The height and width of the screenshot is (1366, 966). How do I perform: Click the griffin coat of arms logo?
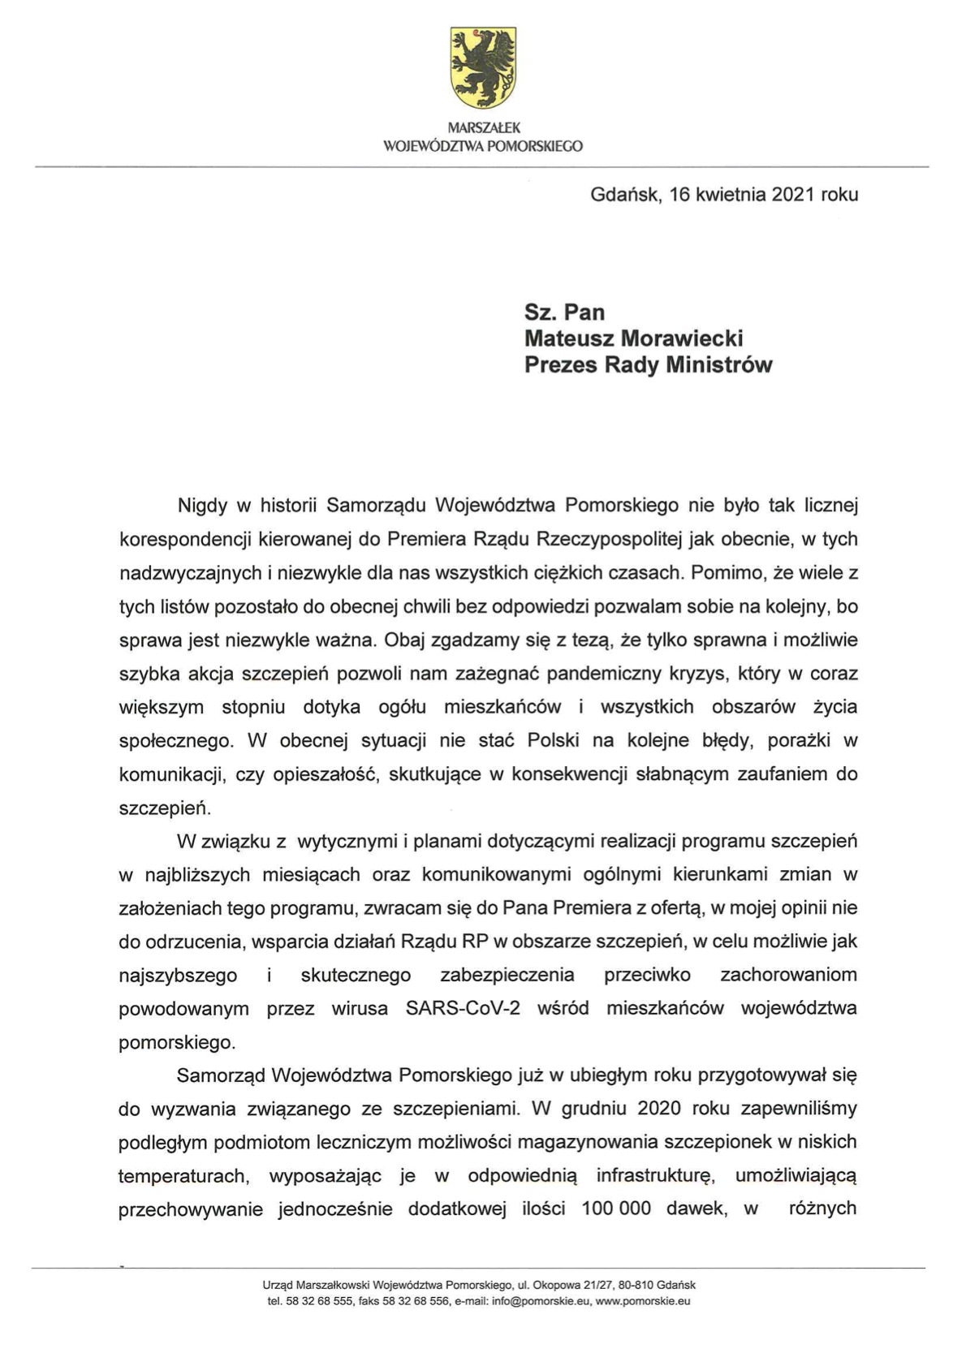483,67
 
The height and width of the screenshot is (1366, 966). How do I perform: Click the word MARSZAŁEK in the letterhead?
483,128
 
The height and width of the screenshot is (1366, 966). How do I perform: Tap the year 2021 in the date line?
793,195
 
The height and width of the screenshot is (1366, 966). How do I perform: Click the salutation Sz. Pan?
564,312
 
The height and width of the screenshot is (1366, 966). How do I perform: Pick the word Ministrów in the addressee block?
718,364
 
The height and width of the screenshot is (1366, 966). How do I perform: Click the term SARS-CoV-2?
463,1009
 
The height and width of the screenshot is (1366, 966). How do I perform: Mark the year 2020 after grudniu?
660,1109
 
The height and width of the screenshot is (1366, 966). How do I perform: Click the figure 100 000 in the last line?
616,1209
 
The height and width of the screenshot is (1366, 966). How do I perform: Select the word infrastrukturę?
655,1175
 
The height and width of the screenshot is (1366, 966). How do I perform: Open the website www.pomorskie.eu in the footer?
643,1301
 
